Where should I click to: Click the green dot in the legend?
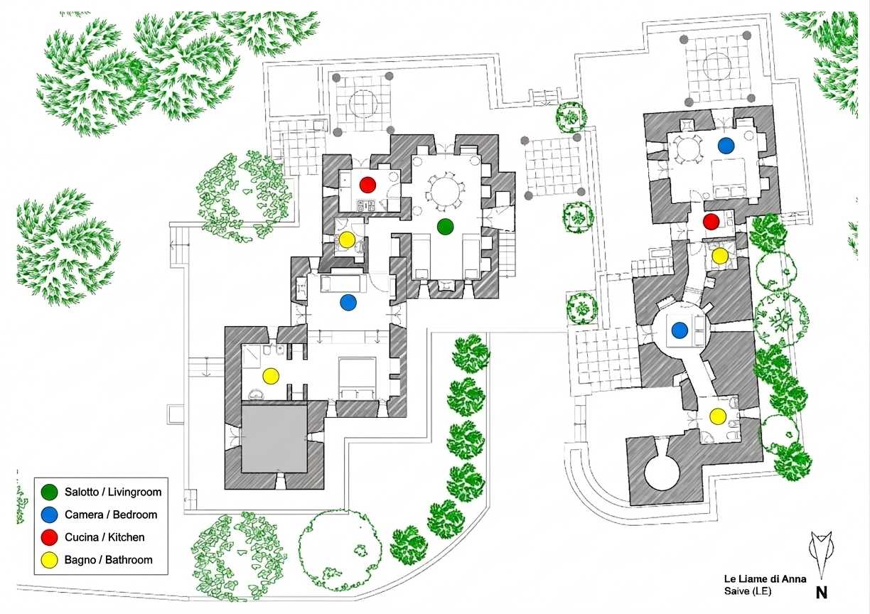[x=49, y=492]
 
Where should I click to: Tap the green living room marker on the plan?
[x=445, y=227]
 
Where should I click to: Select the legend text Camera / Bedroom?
[x=111, y=515]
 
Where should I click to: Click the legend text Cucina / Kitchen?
[x=104, y=537]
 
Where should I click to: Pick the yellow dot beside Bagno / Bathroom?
[x=49, y=560]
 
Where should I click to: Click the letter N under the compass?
[x=821, y=593]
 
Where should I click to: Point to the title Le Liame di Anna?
[x=765, y=578]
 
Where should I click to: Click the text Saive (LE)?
[x=747, y=591]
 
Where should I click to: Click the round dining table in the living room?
[x=445, y=193]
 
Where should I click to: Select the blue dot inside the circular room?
[x=680, y=330]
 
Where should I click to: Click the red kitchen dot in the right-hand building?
[x=711, y=221]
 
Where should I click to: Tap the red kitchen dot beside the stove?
[x=367, y=185]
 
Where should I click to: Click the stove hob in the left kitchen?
[x=367, y=206]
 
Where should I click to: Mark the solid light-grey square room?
[x=274, y=438]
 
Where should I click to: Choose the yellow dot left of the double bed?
[x=271, y=375]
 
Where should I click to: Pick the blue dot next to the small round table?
[x=726, y=146]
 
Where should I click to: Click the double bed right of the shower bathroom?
[x=358, y=378]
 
